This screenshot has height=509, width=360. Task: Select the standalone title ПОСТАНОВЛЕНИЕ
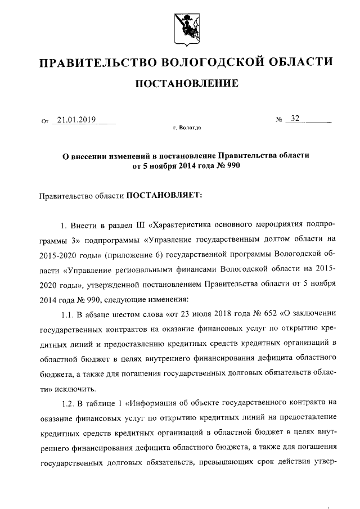pyautogui.click(x=186, y=84)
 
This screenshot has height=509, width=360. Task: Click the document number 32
pyautogui.click(x=294, y=119)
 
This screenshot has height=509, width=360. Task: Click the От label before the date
pyautogui.click(x=46, y=121)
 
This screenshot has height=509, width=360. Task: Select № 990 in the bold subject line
pyautogui.click(x=222, y=166)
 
